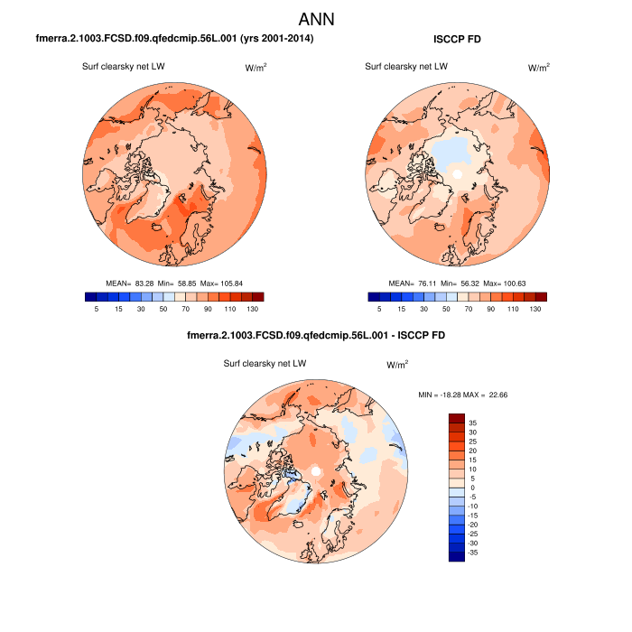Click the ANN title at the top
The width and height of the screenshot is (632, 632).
point(316,19)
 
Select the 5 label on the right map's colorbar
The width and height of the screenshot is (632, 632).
point(378,309)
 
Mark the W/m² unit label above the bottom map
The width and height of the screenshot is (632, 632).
point(397,366)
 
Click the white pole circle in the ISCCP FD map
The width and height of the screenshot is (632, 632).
point(458,173)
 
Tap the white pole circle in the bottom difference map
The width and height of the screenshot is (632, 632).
point(315,472)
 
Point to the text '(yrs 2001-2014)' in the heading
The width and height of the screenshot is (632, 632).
point(271,40)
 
